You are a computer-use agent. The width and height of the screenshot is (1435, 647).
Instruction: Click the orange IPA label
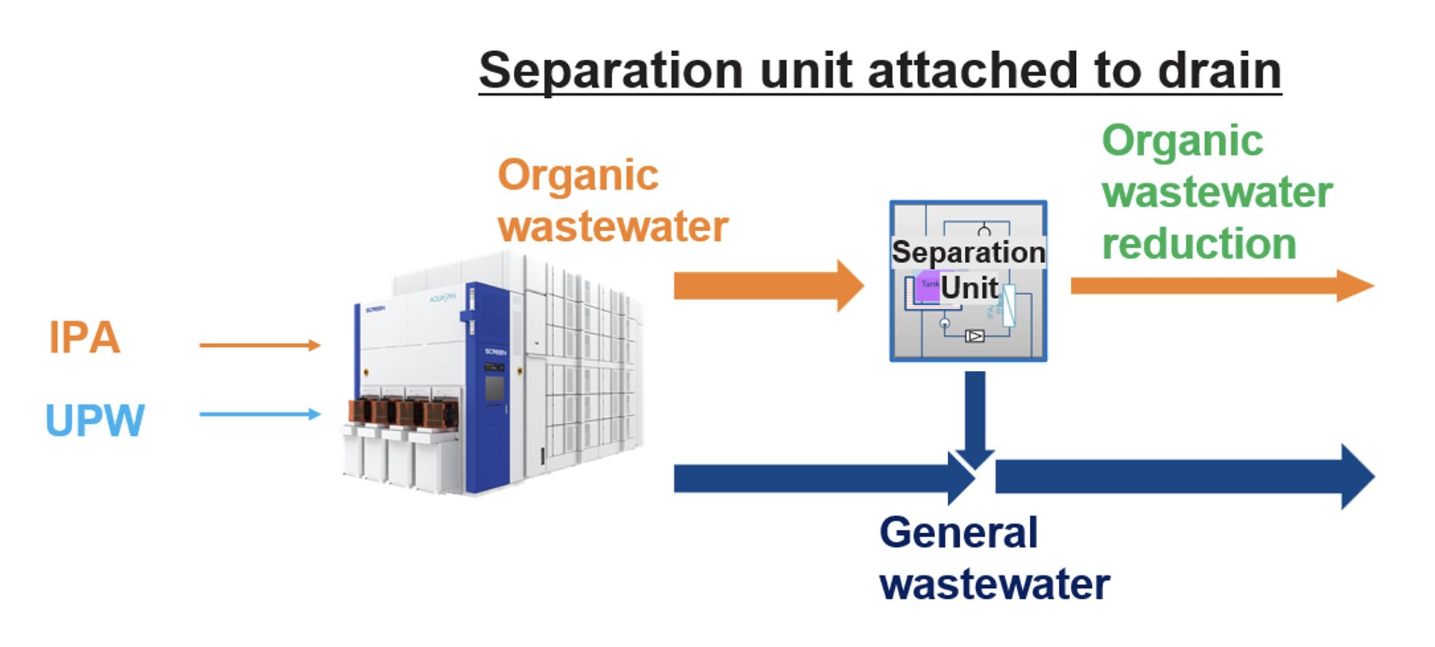coord(84,338)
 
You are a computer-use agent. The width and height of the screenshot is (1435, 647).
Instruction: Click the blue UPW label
coord(95,421)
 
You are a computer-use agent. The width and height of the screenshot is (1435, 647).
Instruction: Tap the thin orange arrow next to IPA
coord(259,345)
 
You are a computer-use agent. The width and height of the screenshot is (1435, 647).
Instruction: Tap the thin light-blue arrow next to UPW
coord(259,414)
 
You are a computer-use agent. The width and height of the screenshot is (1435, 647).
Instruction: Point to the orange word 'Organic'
coord(578,176)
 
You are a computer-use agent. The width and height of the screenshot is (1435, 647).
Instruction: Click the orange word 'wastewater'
coord(613,226)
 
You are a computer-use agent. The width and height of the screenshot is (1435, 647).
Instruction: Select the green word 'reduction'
coord(1199,244)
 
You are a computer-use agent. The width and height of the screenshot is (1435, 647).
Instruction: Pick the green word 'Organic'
coord(1182,141)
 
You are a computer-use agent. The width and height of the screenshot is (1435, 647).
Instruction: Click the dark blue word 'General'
coord(958,532)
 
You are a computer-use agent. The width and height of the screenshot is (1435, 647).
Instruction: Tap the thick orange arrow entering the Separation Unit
coord(766,286)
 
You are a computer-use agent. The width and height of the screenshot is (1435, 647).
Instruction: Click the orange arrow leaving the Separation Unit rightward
coord(1219,286)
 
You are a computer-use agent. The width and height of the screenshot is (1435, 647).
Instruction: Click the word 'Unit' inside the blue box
coord(969,288)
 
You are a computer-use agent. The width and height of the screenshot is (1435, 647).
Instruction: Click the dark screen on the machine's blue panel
coord(495,388)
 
